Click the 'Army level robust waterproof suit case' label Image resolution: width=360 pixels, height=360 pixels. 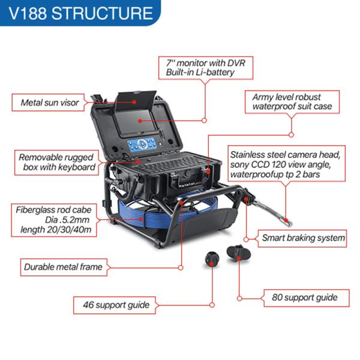292,101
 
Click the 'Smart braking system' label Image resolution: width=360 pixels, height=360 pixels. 303,238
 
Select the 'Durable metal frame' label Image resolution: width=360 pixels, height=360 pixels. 62,267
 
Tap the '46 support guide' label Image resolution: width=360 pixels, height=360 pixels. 113,305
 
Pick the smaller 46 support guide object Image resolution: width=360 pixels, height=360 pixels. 211,259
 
